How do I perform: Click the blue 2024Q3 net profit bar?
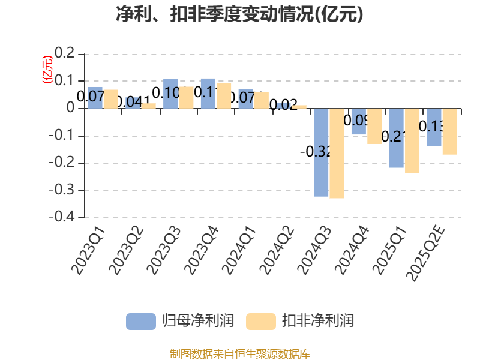point(321,152)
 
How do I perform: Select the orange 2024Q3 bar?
point(337,154)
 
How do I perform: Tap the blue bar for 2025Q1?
point(396,138)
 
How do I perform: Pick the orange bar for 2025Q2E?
point(449,131)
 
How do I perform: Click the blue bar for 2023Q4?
point(208,93)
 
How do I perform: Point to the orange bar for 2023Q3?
point(186,97)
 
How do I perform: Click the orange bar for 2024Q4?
point(374,126)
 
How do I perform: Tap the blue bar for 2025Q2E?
point(434,127)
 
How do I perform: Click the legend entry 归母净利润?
point(180,321)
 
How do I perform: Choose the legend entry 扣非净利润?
point(300,321)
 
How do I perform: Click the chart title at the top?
point(239,14)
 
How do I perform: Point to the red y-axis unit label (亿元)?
point(46,71)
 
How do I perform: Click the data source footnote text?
point(239,353)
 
